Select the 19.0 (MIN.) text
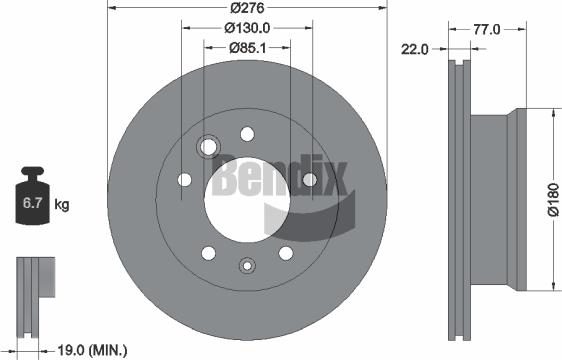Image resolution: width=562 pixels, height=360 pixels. (92, 349)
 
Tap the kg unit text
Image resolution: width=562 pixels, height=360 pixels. (62, 206)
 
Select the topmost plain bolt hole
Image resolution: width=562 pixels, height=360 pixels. (247, 133)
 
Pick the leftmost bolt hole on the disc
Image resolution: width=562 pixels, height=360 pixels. (184, 180)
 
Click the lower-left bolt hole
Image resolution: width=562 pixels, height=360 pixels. (208, 252)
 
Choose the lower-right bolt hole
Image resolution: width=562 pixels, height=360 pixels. (285, 252)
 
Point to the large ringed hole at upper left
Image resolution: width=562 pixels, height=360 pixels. (209, 147)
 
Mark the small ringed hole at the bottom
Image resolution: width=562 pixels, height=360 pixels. (247, 265)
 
